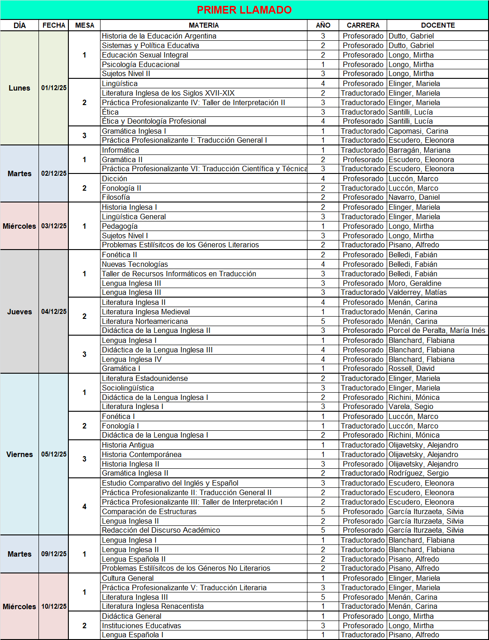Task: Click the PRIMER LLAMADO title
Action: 244,10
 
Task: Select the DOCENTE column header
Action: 438,25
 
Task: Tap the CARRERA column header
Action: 363,25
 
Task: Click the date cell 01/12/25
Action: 54,88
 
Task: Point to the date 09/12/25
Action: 54,554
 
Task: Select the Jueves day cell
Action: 19,312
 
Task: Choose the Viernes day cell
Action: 19,454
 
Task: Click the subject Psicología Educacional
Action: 141,64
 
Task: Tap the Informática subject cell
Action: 120,150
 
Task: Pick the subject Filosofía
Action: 116,197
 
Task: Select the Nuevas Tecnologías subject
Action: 135,264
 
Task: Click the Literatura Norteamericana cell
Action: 145,321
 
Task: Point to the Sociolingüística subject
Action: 128,388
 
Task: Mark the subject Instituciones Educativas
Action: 142,626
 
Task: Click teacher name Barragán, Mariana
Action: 419,150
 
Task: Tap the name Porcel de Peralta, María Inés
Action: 436,330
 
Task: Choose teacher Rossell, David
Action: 412,368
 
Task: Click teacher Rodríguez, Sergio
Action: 418,473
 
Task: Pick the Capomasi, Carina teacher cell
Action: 418,131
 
